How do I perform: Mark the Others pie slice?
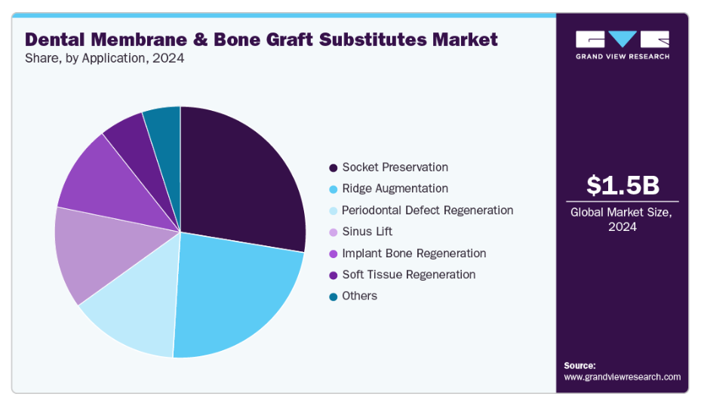[x=165, y=134]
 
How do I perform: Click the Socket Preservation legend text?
[x=395, y=167]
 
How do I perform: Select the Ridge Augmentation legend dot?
[x=333, y=189]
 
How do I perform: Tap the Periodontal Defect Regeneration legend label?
[x=427, y=210]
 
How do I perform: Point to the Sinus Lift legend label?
[x=367, y=232]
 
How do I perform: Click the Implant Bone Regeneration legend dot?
[x=333, y=254]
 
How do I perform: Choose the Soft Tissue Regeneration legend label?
[x=409, y=275]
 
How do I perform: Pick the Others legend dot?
[x=333, y=297]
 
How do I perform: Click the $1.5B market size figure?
[x=623, y=185]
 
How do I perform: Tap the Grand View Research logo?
[x=623, y=45]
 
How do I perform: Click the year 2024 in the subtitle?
[x=168, y=59]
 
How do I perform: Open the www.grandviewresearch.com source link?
[x=623, y=377]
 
